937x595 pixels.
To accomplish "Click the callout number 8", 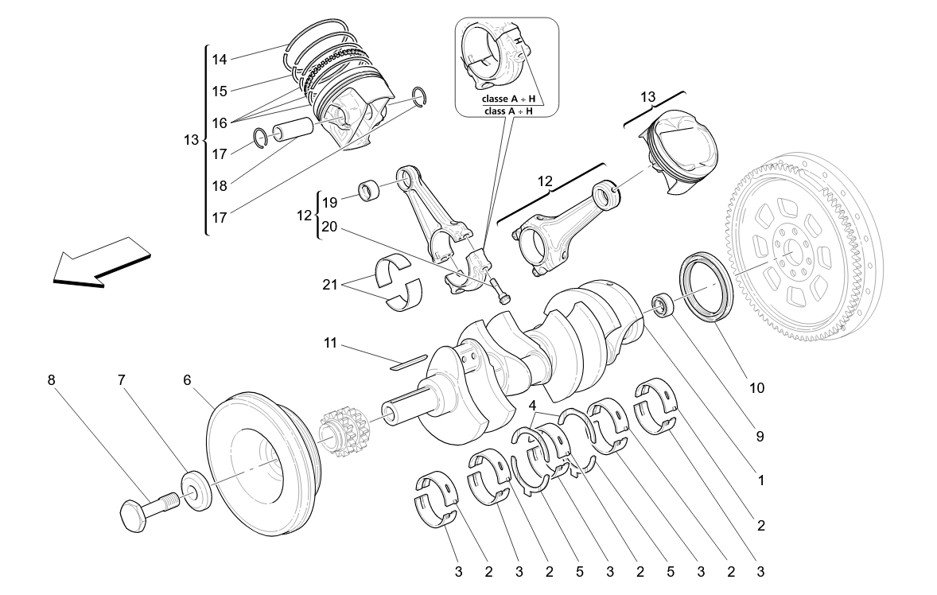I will coord(52,380).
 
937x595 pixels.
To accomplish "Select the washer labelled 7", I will coord(196,490).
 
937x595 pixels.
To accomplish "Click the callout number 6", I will coord(187,380).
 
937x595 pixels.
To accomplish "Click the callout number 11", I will coord(330,343).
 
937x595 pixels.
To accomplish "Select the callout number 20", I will coord(330,227).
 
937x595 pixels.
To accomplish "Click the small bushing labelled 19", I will coord(371,192).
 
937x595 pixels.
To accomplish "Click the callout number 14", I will coord(220,59).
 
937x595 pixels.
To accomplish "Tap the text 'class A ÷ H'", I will coord(507,111).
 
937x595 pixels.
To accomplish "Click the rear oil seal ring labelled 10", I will coord(705,286).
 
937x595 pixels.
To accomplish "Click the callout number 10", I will coord(756,388).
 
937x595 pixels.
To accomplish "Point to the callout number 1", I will coord(760,480).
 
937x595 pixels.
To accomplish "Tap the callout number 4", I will coord(532,405).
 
